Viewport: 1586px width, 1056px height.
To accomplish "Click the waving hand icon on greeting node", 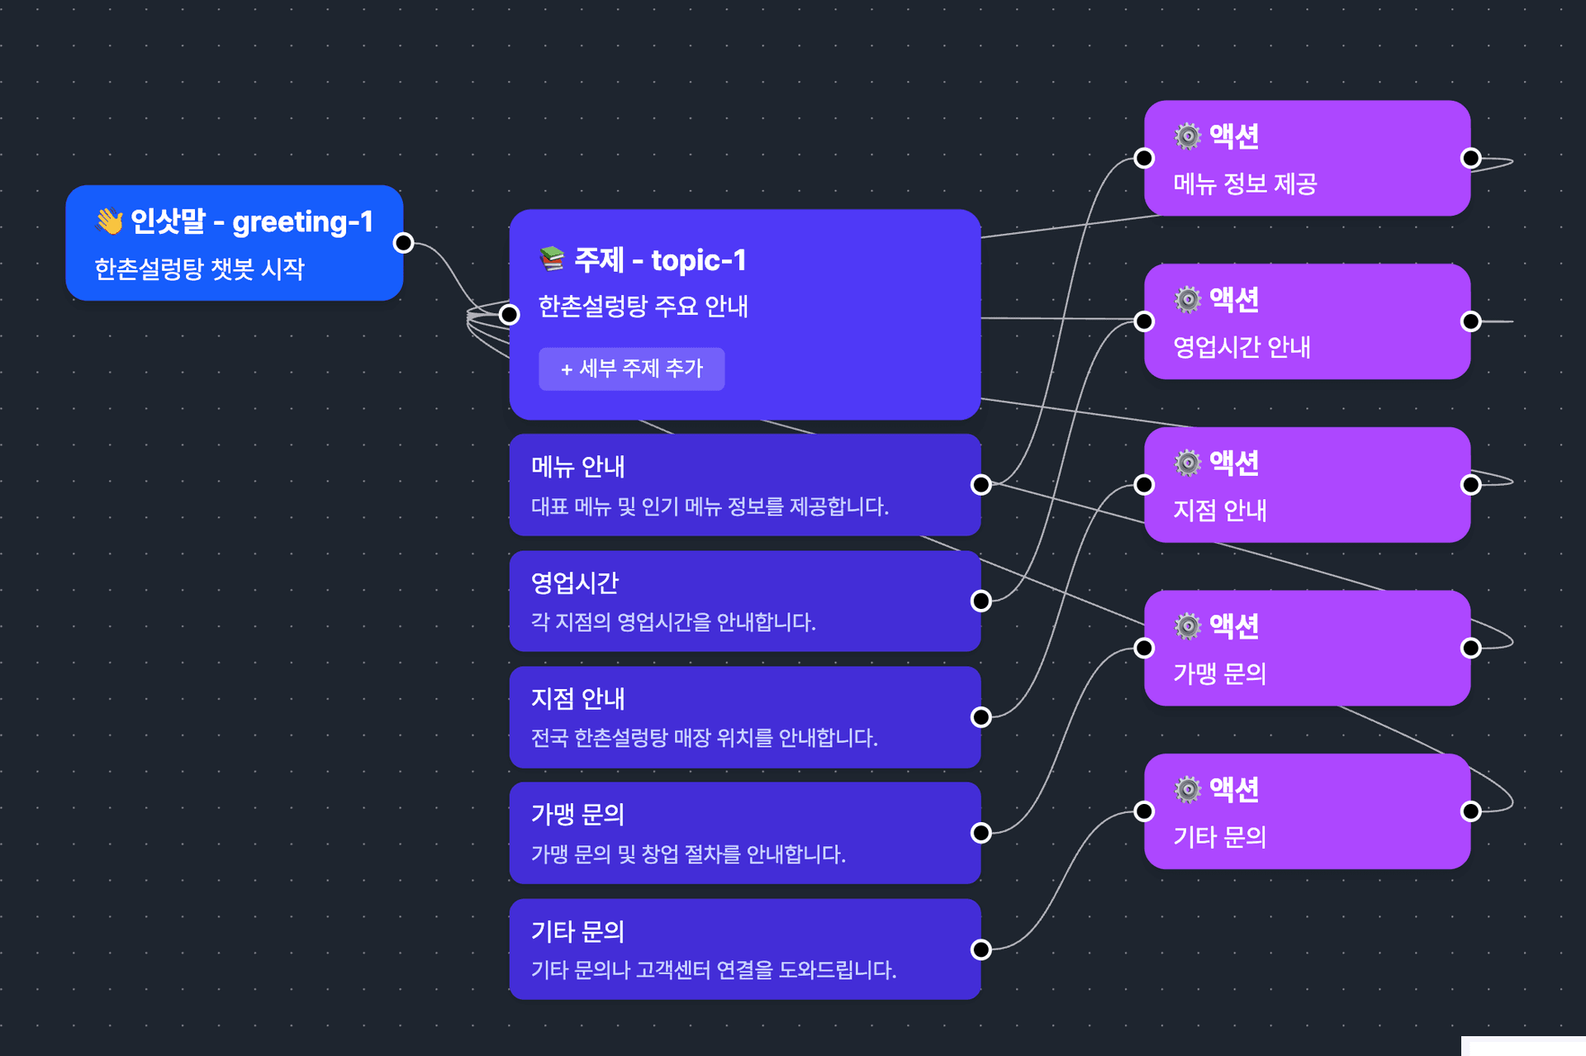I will [110, 221].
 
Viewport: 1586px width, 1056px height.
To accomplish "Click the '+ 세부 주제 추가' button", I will [631, 369].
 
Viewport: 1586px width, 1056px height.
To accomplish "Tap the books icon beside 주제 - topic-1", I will [552, 259].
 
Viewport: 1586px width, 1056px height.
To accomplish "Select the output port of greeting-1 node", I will [403, 243].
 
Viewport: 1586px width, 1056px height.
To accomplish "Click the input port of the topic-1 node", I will [510, 314].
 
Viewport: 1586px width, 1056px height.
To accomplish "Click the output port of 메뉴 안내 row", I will [981, 485].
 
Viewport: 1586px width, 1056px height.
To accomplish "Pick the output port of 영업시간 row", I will [981, 601].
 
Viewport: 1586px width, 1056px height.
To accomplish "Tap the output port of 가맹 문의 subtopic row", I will [981, 833].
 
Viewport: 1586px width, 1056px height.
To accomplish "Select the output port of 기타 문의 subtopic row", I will [981, 949].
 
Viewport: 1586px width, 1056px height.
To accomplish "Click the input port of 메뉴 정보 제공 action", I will [1144, 158].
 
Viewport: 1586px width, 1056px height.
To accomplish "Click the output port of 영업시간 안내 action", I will [1470, 321].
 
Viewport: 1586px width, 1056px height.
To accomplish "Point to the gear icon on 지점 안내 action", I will [1188, 463].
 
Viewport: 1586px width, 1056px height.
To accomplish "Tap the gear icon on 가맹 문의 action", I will [1188, 626].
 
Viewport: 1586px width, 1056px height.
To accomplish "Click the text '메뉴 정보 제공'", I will [1245, 183].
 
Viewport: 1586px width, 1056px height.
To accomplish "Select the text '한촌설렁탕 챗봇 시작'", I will [199, 269].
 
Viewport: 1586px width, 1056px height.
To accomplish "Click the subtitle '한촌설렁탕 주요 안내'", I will [643, 306].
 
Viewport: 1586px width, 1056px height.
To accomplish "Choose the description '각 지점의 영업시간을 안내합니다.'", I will [672, 622].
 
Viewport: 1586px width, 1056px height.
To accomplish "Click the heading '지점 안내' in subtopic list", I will [577, 699].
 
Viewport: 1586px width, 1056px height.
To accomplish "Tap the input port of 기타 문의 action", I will [1144, 811].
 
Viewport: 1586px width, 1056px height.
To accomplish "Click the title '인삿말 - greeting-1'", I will [252, 221].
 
